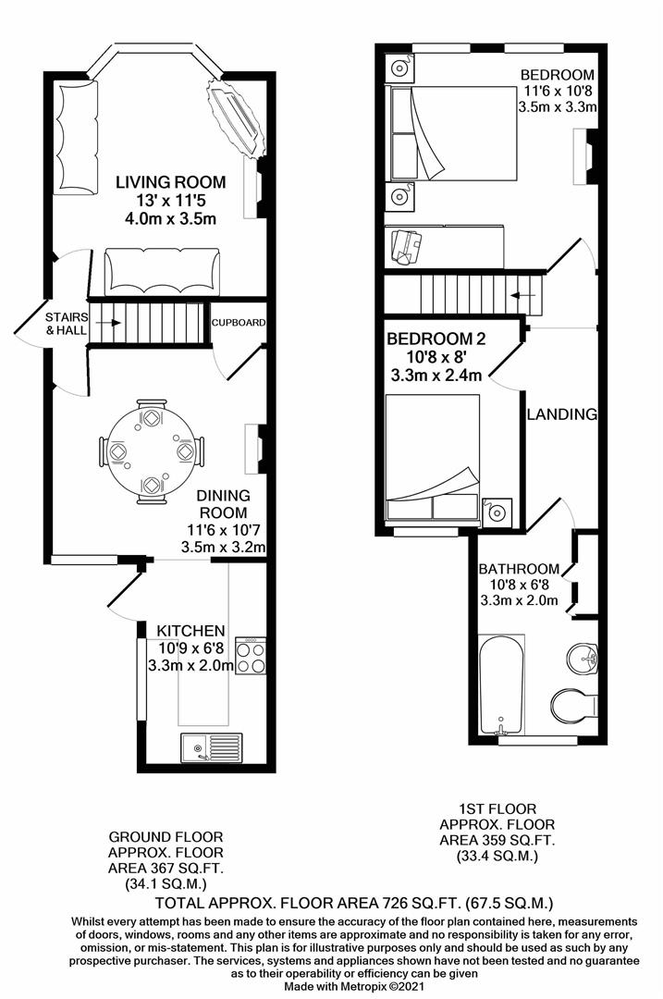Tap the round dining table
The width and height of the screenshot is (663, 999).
point(151,450)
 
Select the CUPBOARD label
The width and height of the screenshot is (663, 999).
point(239,323)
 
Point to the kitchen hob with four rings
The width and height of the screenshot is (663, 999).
point(251,655)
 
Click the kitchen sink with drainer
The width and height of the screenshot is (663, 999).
point(212,745)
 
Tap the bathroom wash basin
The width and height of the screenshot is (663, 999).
point(583,659)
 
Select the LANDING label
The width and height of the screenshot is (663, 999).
point(562,414)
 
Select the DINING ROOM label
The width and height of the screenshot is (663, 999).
point(223,504)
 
